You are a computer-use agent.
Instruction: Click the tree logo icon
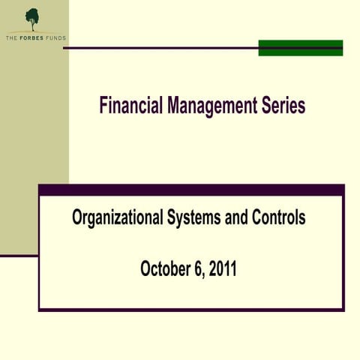coord(32,18)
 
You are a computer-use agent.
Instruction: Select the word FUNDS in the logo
coord(56,37)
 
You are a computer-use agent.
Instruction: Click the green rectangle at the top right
coord(300,47)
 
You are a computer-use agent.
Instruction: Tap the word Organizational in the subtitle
coord(116,218)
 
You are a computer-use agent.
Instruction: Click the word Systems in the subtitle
coord(194,218)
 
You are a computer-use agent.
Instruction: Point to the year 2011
coord(222,268)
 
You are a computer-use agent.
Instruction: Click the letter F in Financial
coord(103,106)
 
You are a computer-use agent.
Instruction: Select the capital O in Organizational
coord(77,218)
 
